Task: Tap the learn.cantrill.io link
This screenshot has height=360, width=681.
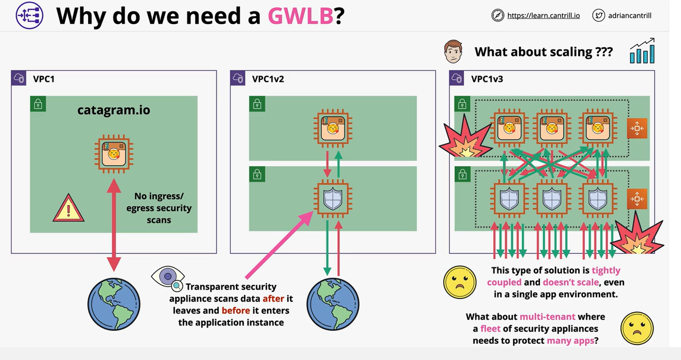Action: [x=543, y=16]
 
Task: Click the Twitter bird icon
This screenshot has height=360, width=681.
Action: [x=599, y=15]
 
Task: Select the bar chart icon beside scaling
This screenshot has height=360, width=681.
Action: [x=642, y=51]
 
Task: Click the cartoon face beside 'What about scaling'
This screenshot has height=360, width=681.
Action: [x=453, y=51]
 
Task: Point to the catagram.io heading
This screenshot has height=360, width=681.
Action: [x=113, y=111]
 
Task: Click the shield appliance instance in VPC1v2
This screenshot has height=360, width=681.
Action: [x=332, y=199]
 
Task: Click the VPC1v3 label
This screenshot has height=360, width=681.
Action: [x=487, y=79]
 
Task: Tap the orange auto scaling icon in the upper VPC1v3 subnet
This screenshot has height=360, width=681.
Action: [x=637, y=129]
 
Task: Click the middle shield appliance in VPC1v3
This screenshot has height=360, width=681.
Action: [x=552, y=199]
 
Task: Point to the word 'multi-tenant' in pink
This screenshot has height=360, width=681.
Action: [x=547, y=317]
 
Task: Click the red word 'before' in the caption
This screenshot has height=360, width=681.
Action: [x=236, y=310]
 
